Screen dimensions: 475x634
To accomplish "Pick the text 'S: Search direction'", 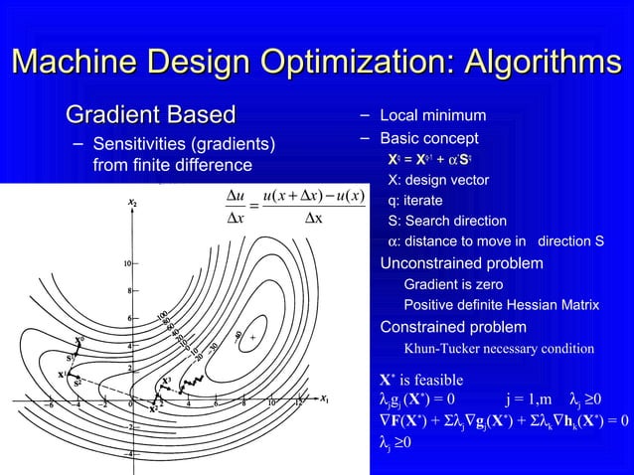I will (446, 221).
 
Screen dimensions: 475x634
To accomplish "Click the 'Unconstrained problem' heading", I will (462, 263).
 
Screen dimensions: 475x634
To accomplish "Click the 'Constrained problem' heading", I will (453, 327).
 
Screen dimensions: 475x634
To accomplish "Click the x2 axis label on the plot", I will (132, 204).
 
